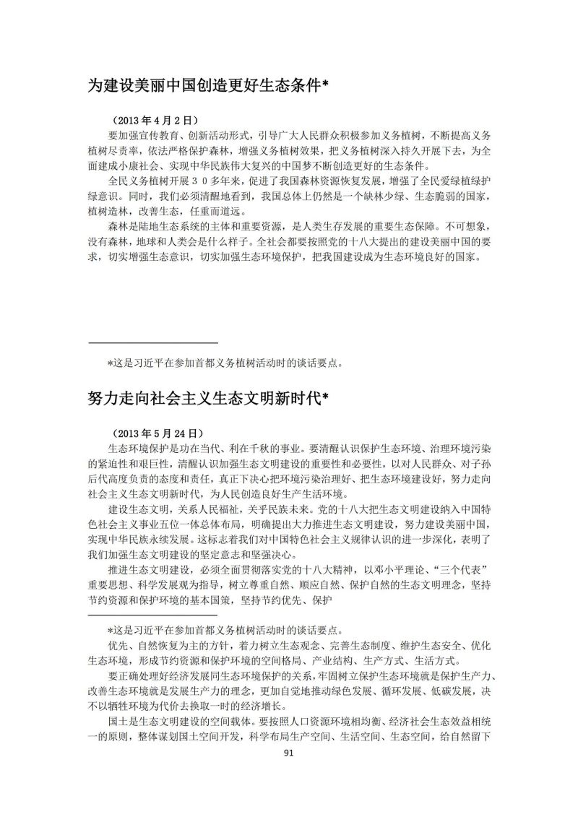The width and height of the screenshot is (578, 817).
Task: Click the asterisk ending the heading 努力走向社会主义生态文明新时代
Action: pyautogui.click(x=324, y=397)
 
